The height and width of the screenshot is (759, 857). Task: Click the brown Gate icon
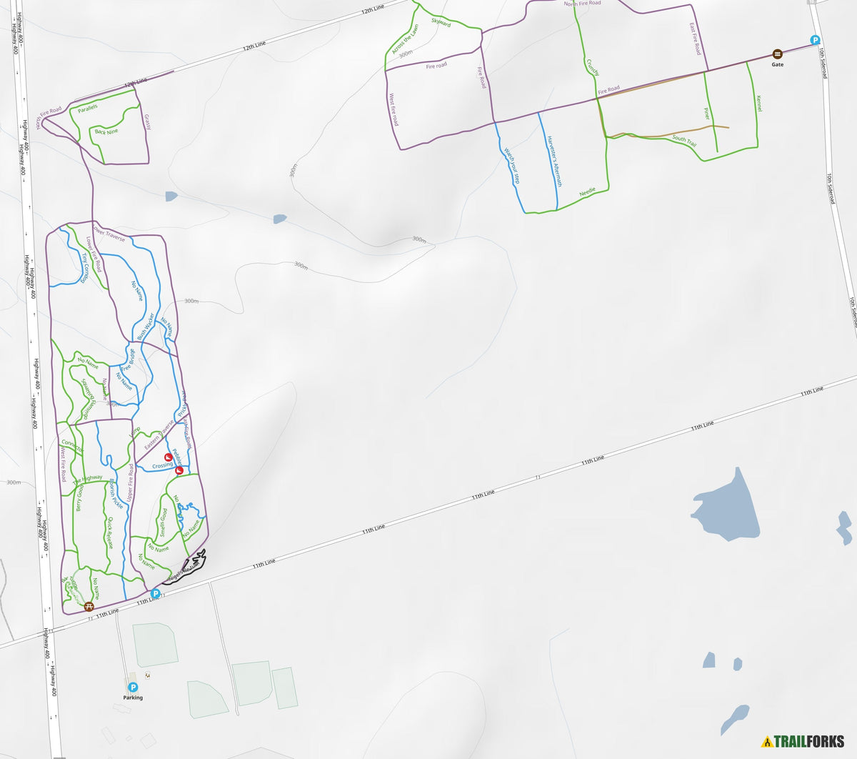777,54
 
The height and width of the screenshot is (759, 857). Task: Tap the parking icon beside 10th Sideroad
815,41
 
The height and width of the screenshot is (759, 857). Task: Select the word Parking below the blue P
133,698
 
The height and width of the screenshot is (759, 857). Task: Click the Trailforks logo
803,741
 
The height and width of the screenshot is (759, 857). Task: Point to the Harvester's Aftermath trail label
554,161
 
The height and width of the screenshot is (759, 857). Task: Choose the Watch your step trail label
512,166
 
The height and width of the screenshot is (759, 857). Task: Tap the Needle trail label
587,193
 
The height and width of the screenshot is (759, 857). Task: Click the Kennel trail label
758,103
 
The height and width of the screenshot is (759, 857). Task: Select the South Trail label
684,140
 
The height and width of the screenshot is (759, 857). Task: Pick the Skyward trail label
441,22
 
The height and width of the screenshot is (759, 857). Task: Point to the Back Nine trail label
106,132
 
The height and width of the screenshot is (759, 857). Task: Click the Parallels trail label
88,108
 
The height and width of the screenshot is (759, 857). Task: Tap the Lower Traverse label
109,234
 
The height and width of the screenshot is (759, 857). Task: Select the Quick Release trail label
108,532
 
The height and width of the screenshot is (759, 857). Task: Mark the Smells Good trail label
164,522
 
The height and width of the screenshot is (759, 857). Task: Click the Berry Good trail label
79,497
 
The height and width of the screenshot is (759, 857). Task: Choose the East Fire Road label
695,39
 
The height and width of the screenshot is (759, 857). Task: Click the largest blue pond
728,508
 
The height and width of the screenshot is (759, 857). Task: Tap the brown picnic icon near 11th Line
89,607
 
